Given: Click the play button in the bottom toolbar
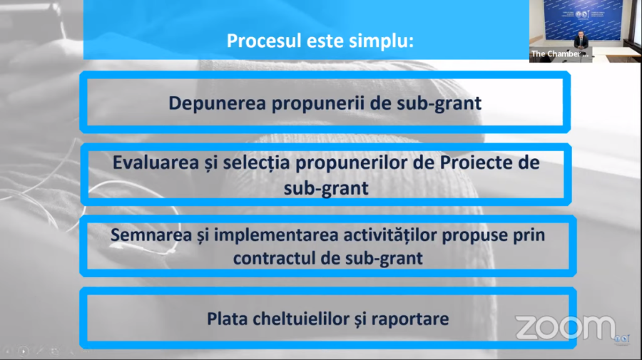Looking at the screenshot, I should coord(24,351).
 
